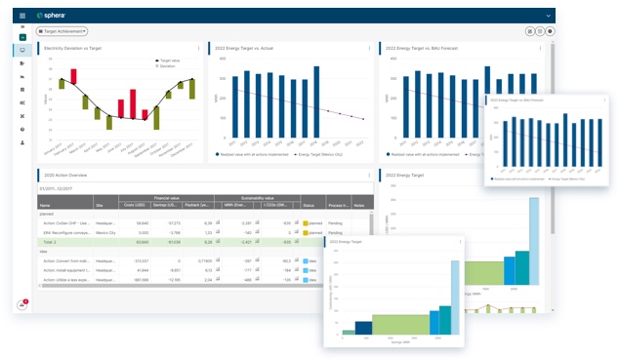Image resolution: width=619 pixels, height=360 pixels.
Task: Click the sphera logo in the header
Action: (52, 16)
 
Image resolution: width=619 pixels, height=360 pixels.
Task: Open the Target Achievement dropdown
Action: (62, 31)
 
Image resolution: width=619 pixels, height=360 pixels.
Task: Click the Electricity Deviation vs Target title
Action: (76, 47)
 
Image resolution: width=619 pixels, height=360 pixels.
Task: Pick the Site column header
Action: (100, 206)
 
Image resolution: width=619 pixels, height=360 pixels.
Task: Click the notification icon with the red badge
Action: (21, 304)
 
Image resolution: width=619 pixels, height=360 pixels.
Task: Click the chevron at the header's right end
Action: (549, 16)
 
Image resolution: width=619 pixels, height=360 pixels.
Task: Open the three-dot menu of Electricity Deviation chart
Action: (199, 47)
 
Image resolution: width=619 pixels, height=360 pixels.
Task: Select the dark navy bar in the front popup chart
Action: (363, 327)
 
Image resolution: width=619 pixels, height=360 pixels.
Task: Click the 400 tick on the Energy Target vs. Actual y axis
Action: (224, 57)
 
